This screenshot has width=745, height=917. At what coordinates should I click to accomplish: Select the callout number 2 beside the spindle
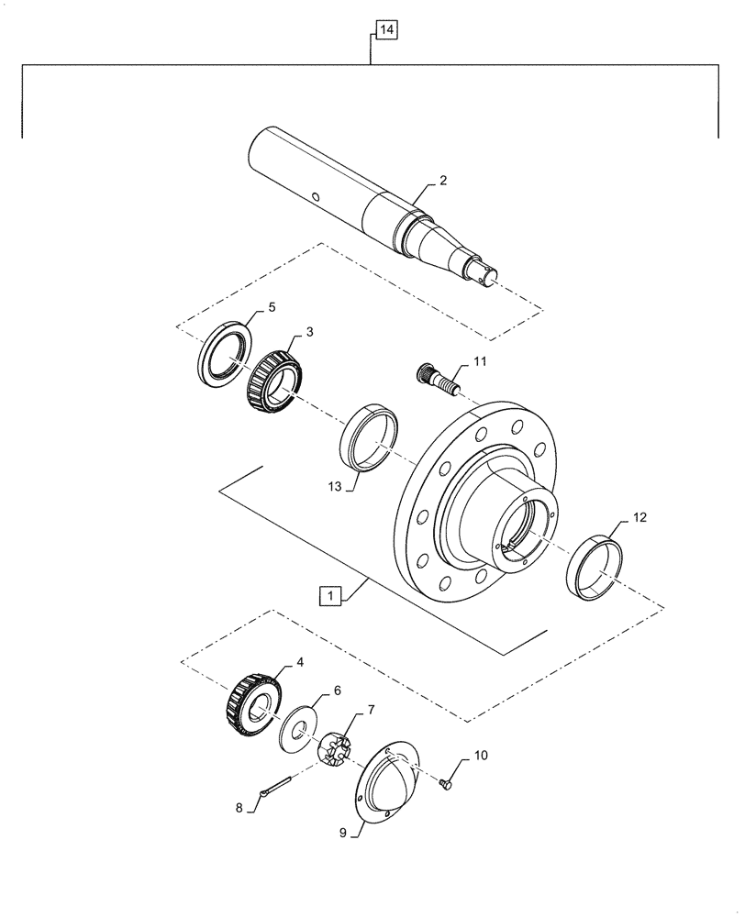click(443, 182)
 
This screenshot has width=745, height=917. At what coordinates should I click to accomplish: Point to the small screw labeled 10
click(447, 781)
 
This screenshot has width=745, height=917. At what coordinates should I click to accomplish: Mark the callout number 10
click(481, 757)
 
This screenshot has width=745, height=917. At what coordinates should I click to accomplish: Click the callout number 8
click(239, 809)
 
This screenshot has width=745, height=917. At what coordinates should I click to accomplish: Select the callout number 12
click(638, 518)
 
